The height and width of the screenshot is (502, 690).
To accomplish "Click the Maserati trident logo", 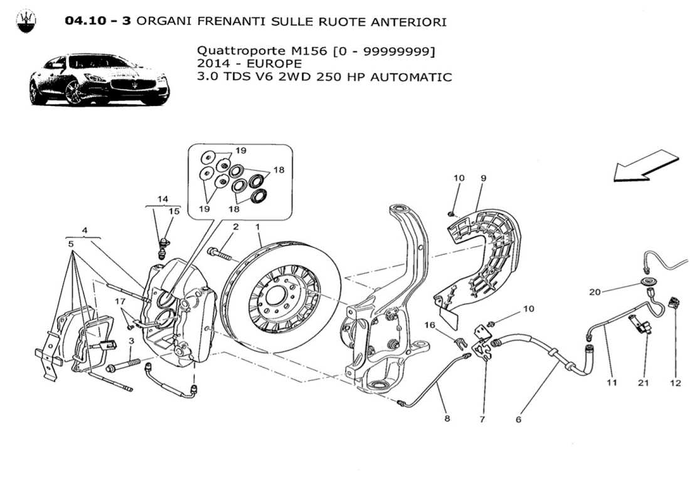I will pyautogui.click(x=26, y=21).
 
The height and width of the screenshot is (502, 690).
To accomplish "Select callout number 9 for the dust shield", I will pyautogui.click(x=484, y=178).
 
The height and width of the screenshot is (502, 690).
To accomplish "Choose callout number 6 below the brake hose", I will pyautogui.click(x=519, y=419).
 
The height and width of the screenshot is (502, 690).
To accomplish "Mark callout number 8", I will pyautogui.click(x=447, y=419).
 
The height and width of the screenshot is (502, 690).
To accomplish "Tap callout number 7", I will pyautogui.click(x=482, y=419).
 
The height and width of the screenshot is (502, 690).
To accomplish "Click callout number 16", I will pyautogui.click(x=430, y=324).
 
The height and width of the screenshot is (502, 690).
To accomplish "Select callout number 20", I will pyautogui.click(x=595, y=292).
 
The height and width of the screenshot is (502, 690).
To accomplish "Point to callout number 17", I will pyautogui.click(x=120, y=301).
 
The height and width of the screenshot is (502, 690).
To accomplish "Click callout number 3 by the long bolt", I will pyautogui.click(x=131, y=341).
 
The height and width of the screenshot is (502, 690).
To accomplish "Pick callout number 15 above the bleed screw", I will pyautogui.click(x=174, y=211).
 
